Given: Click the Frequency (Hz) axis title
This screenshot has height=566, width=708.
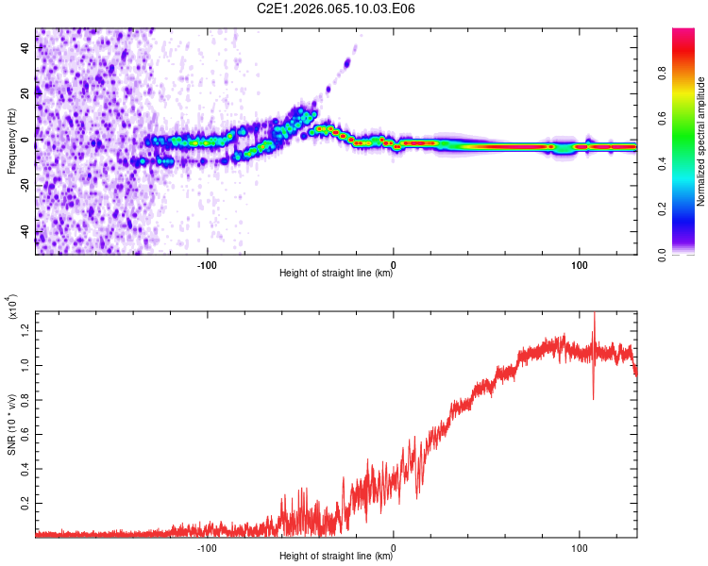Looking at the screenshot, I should (x=11, y=141).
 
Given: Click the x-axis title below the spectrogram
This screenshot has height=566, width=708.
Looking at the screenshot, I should (x=336, y=274).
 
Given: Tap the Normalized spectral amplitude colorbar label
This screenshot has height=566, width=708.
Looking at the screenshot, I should (x=701, y=141).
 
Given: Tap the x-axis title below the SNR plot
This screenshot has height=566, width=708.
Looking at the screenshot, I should (x=336, y=557).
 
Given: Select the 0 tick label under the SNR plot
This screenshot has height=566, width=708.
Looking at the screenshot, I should (x=393, y=546).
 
